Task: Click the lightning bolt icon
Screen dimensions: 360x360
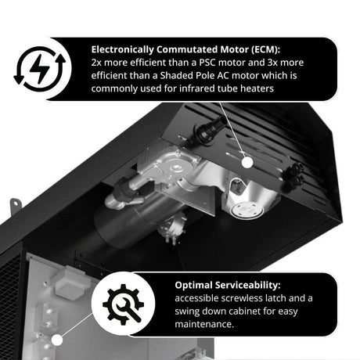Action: (x=40, y=70)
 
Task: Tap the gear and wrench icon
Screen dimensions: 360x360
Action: (x=123, y=304)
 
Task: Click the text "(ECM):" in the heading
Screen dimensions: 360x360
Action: (x=265, y=49)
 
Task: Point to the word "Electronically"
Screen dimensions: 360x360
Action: (x=123, y=49)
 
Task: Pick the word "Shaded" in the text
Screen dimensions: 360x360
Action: (x=175, y=76)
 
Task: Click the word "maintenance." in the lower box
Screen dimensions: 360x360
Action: (x=204, y=324)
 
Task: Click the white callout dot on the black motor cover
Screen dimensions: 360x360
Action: (x=247, y=162)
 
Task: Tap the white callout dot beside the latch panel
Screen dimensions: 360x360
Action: (x=57, y=340)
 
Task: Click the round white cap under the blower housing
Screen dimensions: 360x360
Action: (x=247, y=211)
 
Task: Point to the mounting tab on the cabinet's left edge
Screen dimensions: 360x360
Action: (x=16, y=206)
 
